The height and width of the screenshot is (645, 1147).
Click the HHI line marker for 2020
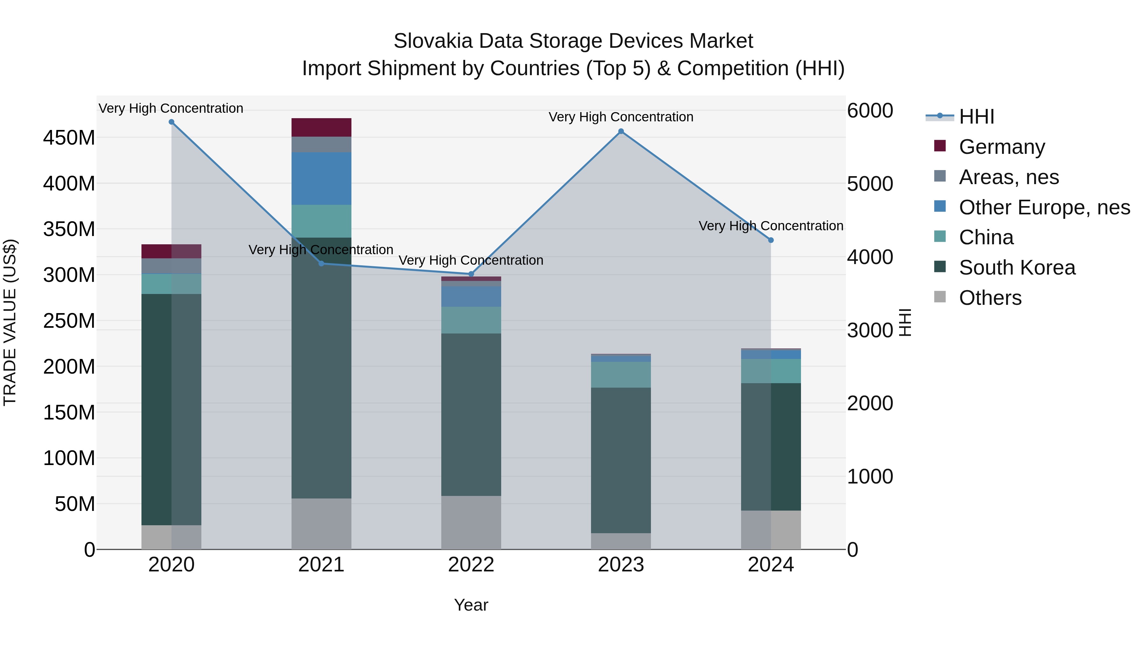(x=171, y=122)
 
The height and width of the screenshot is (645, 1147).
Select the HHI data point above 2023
(x=621, y=131)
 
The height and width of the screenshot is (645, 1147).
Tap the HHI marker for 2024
(x=771, y=240)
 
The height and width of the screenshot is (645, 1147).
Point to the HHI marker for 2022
(x=471, y=274)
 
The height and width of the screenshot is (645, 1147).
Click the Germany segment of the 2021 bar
(x=321, y=127)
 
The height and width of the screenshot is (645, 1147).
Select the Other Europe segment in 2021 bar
(x=321, y=178)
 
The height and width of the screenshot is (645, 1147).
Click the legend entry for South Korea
(x=1017, y=268)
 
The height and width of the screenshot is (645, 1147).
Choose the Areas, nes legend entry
(x=1008, y=177)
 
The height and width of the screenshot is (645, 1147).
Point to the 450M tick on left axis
(x=69, y=138)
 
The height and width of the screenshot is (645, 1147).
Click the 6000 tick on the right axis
(x=869, y=111)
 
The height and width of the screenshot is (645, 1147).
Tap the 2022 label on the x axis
(x=471, y=565)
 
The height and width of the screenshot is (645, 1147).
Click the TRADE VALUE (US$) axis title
(x=10, y=322)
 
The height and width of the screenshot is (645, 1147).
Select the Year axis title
(x=471, y=605)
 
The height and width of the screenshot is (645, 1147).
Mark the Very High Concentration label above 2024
(x=771, y=226)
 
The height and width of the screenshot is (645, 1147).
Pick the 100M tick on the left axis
(x=69, y=458)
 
